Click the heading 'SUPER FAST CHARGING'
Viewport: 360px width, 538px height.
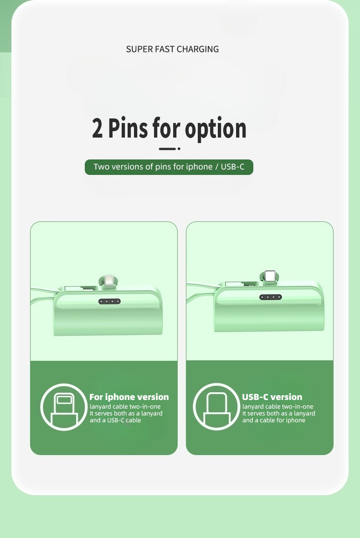click(x=172, y=49)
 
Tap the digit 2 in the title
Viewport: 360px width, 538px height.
click(x=97, y=128)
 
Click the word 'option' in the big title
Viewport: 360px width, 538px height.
click(x=216, y=129)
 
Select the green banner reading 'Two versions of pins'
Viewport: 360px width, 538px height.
click(x=169, y=167)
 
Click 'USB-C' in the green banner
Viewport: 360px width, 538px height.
click(x=232, y=167)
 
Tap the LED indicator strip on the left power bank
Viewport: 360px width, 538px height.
click(x=109, y=302)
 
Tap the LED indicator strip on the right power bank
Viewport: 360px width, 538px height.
click(x=270, y=297)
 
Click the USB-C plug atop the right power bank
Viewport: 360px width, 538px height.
click(x=270, y=276)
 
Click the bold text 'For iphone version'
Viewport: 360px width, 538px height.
click(x=129, y=397)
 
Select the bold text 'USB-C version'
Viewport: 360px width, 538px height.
click(x=272, y=397)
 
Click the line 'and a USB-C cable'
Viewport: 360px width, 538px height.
click(x=115, y=420)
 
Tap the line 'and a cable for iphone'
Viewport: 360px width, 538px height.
click(x=274, y=420)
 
